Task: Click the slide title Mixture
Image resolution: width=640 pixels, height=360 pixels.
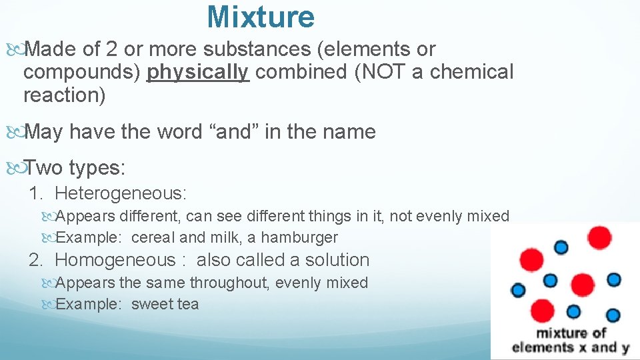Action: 261,17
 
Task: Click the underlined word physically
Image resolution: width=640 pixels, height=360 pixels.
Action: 198,72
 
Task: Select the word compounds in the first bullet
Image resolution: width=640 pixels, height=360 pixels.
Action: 82,72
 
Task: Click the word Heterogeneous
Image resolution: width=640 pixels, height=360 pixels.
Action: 121,194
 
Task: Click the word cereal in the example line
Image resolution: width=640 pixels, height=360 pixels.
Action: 153,237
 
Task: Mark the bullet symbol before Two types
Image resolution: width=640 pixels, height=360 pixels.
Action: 15,169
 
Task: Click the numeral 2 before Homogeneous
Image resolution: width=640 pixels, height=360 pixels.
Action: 35,260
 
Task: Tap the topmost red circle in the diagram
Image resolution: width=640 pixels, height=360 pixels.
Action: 600,237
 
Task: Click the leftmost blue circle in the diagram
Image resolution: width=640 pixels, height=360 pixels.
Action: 518,290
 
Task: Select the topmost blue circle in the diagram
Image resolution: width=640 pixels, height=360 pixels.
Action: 561,247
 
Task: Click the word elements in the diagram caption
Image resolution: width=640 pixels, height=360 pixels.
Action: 541,347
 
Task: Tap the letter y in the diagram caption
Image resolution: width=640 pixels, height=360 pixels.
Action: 625,348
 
